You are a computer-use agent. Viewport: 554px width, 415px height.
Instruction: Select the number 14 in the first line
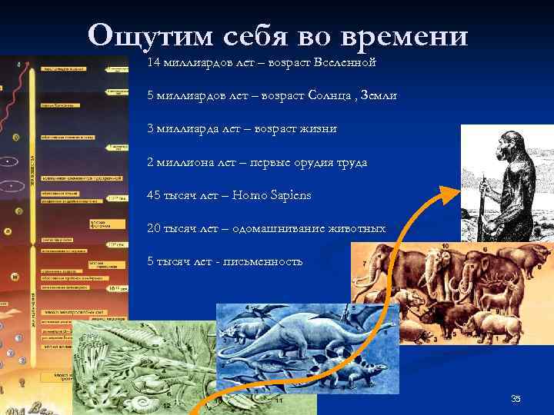click(153, 61)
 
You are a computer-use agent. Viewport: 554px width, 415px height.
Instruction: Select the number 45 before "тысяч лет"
click(154, 195)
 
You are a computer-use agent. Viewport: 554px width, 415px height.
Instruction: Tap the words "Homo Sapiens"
click(275, 195)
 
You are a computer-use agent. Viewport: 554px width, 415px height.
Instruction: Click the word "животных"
click(358, 228)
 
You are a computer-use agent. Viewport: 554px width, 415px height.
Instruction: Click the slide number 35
click(516, 398)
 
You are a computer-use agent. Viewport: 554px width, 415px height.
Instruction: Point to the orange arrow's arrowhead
click(450, 193)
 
